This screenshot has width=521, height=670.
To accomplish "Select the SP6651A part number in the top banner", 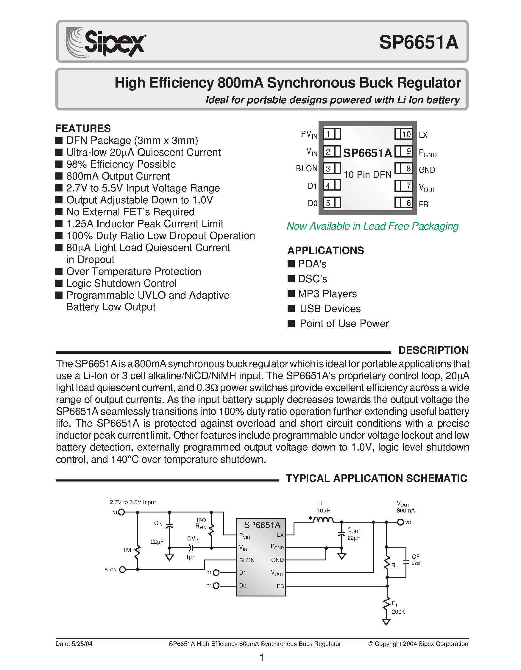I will (419, 42).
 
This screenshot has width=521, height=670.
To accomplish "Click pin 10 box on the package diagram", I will (403, 134).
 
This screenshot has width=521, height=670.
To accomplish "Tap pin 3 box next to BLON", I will (332, 169).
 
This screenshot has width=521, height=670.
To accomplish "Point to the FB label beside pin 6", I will (423, 204).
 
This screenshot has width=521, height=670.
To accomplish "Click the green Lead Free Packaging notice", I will (372, 226).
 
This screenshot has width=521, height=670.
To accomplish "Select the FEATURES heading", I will (83, 128).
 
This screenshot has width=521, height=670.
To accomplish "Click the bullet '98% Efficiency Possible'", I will (121, 164).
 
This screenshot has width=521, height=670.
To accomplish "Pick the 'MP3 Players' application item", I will (327, 294).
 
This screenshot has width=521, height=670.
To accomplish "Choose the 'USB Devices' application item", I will (330, 308).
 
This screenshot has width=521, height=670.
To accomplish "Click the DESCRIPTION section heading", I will (433, 350).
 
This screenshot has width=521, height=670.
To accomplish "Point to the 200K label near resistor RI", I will (398, 612).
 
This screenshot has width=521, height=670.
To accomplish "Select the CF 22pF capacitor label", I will (416, 560).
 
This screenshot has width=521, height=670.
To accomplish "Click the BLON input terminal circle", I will (122, 570).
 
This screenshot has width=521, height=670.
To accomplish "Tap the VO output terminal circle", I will (400, 522).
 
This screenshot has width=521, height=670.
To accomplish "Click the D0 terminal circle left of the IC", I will (216, 586).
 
